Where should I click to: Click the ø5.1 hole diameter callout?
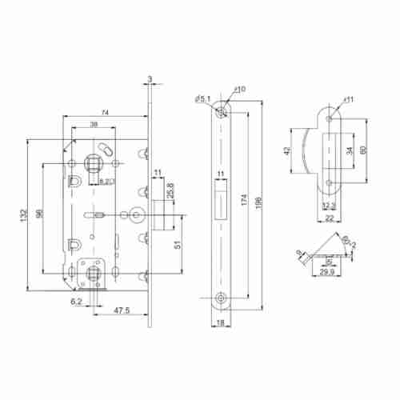pos(202,99)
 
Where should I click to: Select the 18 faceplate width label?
pos(221,324)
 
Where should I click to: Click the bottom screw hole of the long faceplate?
pos(222,298)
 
